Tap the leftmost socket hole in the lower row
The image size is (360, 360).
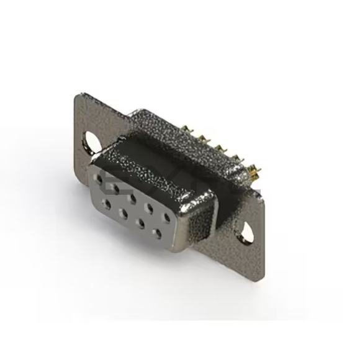(x=109, y=202)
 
